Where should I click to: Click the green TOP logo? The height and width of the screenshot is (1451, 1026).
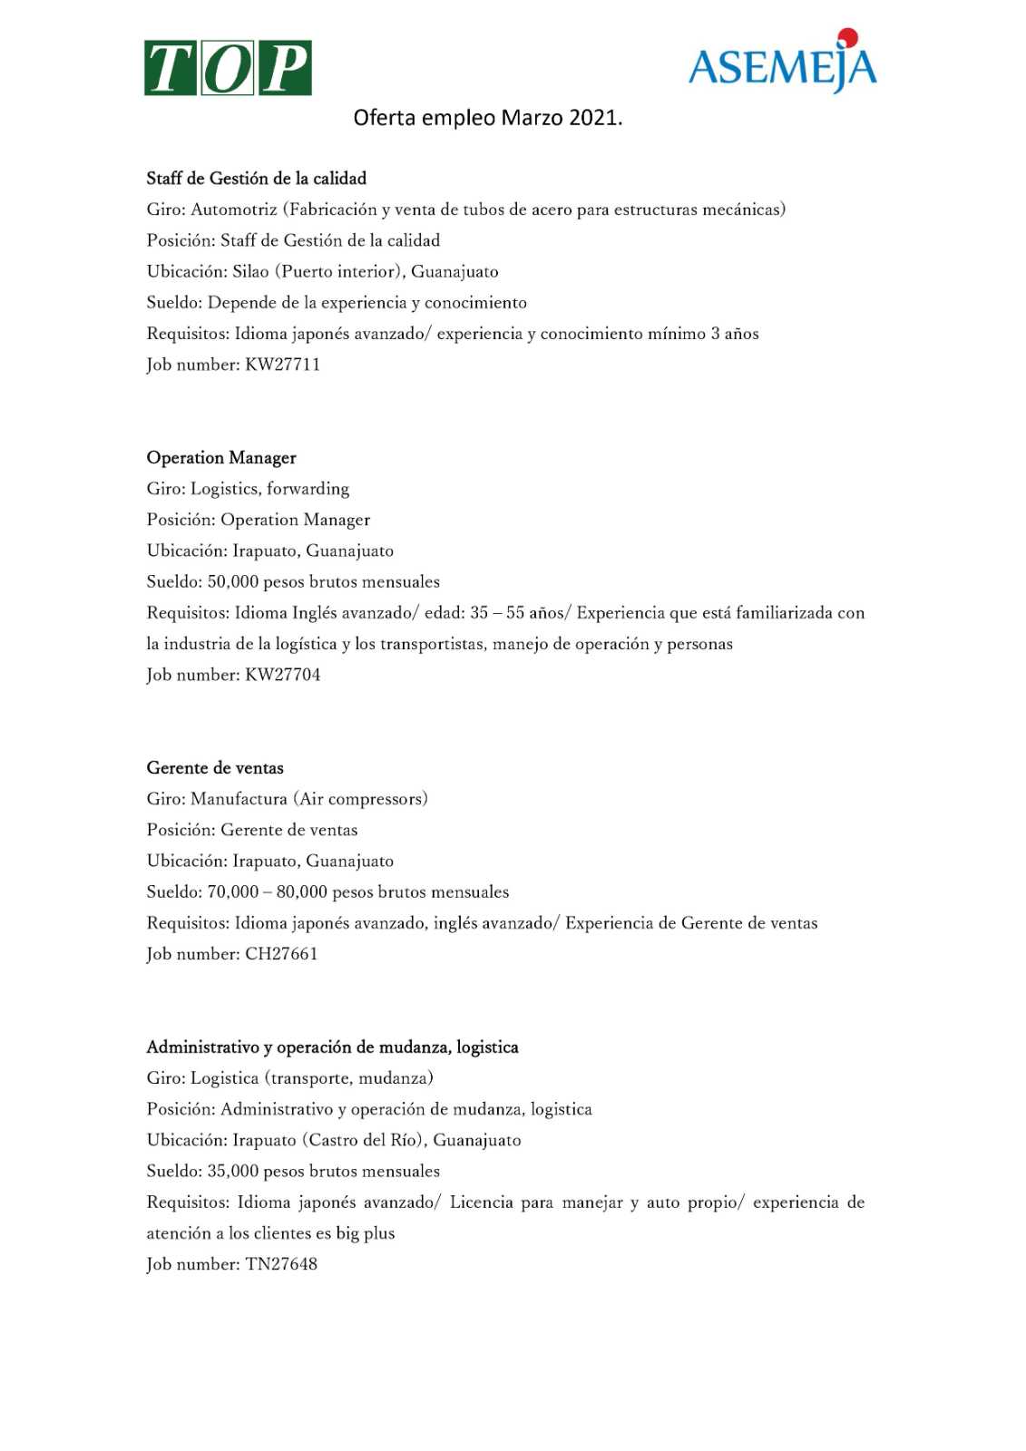point(228,68)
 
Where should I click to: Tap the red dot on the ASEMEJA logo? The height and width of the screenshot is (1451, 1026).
point(847,37)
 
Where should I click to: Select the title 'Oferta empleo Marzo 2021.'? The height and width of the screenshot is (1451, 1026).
point(487,118)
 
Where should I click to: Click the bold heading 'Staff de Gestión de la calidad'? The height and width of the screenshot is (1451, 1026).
point(257,179)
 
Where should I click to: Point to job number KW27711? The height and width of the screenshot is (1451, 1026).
point(283,365)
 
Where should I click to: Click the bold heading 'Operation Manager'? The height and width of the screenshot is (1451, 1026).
point(221,458)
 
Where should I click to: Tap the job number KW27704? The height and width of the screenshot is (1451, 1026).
point(283,675)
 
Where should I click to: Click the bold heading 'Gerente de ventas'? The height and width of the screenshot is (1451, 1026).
point(215,768)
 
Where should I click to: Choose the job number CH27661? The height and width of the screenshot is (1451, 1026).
point(281,954)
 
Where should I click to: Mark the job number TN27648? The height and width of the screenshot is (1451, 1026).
point(281,1264)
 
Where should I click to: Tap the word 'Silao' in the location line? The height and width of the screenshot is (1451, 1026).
point(250,272)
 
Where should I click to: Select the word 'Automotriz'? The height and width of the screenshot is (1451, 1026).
point(234,209)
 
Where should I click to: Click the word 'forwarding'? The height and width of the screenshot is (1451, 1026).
point(308,489)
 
